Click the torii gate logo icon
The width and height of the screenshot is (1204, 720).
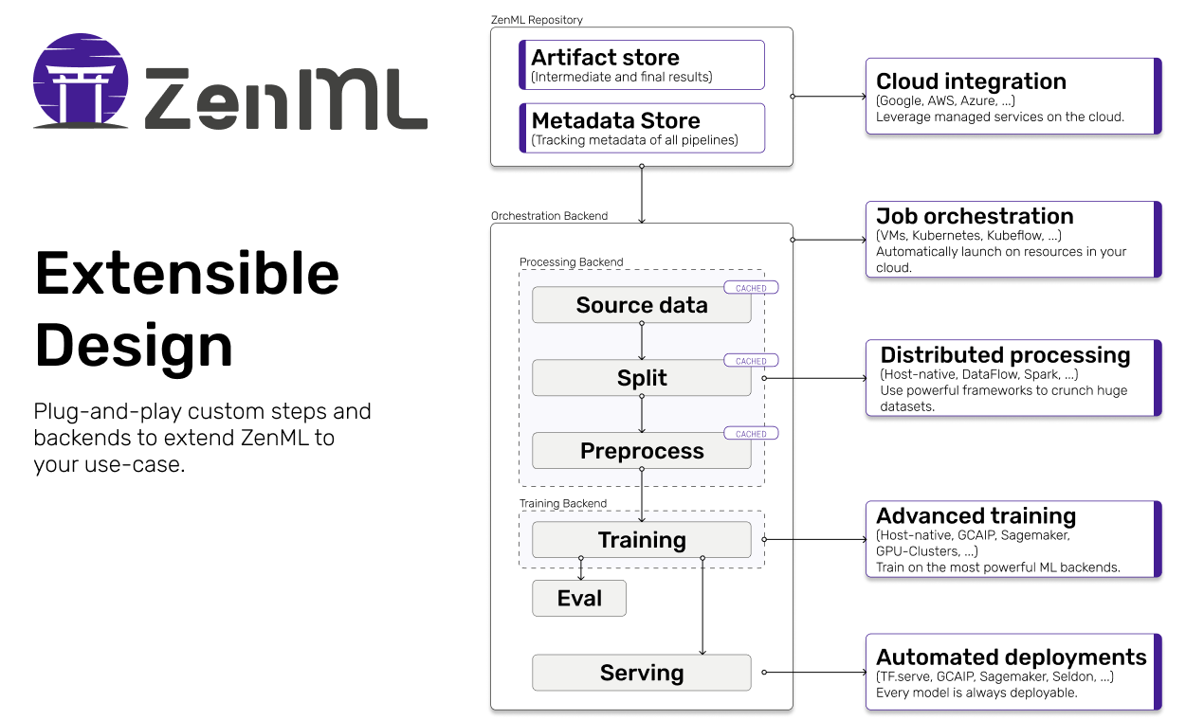pyautogui.click(x=81, y=82)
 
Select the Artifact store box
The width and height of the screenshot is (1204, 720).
pyautogui.click(x=642, y=64)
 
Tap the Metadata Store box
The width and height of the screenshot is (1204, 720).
pyautogui.click(x=642, y=128)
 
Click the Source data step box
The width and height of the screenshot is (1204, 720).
pyautogui.click(x=641, y=305)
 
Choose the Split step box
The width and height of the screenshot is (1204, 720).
pyautogui.click(x=641, y=378)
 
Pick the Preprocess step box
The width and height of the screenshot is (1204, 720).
pyautogui.click(x=641, y=451)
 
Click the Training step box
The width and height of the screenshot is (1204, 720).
pyautogui.click(x=641, y=540)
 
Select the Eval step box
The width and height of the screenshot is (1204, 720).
pyautogui.click(x=579, y=599)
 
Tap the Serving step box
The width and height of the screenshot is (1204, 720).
pyautogui.click(x=641, y=673)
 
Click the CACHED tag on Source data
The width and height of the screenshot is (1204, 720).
pyautogui.click(x=751, y=288)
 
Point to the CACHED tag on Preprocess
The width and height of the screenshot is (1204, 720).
pyautogui.click(x=751, y=434)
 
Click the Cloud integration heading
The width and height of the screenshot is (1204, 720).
pyautogui.click(x=971, y=81)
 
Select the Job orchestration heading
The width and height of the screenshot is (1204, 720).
pyautogui.click(x=975, y=216)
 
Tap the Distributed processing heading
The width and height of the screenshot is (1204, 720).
pyautogui.click(x=1005, y=355)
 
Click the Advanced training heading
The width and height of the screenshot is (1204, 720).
pyautogui.click(x=976, y=516)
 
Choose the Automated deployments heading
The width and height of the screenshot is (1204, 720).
pyautogui.click(x=1011, y=657)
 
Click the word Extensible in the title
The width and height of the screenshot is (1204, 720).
pyautogui.click(x=187, y=275)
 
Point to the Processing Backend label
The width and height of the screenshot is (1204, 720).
pyautogui.click(x=571, y=261)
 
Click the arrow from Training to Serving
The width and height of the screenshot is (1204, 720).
pyautogui.click(x=702, y=606)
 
